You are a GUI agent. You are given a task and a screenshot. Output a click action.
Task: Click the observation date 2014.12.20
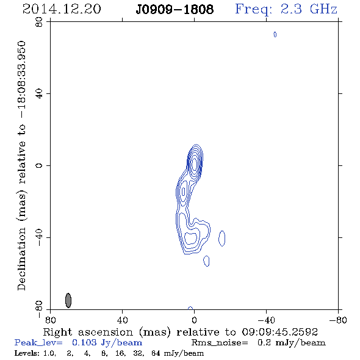[62, 9]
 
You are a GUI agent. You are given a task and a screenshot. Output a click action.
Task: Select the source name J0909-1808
[175, 10]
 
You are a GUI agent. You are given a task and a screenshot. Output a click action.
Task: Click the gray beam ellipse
[68, 300]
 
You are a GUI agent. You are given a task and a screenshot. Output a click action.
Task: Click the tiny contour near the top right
[275, 34]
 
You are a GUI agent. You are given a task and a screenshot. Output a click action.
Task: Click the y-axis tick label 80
[39, 22]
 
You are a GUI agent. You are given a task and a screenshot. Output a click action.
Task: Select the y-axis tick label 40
[39, 94]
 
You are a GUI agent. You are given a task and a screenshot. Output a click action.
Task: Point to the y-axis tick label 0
[39, 165]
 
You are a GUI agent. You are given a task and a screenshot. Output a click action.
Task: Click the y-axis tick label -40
[39, 237]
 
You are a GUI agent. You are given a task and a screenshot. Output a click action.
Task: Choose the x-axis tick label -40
[266, 320]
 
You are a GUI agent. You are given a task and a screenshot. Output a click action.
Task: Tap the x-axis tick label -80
[338, 320]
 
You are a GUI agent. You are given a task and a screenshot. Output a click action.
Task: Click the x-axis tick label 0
[194, 320]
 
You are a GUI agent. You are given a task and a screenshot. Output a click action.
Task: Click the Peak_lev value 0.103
[84, 343]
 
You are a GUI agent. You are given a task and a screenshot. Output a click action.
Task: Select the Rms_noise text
[220, 343]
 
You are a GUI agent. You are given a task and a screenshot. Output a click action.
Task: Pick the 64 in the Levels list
[156, 353]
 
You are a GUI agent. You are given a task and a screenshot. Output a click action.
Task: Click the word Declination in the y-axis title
[21, 259]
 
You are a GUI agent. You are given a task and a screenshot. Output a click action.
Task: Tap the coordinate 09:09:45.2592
[279, 332]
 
